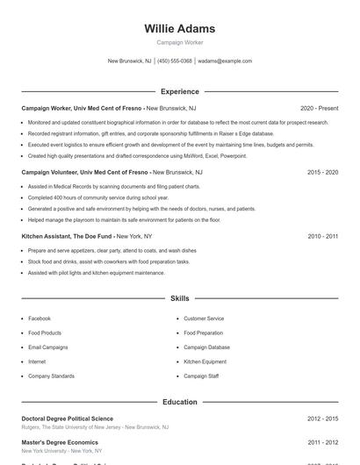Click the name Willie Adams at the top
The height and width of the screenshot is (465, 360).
pos(179,28)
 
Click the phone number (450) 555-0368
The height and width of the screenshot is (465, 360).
pos(175,61)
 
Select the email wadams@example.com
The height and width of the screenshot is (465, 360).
pos(225,61)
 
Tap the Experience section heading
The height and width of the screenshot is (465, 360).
pos(179,91)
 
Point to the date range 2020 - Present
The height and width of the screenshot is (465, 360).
pos(319,107)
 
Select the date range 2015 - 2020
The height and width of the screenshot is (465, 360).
pos(322,172)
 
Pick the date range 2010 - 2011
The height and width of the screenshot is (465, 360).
pos(322,236)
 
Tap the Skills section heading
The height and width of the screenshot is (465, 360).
pos(179,298)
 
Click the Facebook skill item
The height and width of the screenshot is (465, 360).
pos(40,318)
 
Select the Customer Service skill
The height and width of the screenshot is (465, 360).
pos(204,318)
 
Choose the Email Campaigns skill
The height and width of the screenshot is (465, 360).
pos(47,347)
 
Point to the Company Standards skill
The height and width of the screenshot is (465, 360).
pos(51,376)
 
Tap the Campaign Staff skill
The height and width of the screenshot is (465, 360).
pos(201,376)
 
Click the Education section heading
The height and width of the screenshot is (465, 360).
pos(179,402)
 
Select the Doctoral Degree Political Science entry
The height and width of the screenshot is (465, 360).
pos(67,418)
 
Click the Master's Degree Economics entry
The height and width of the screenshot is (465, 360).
pos(59,443)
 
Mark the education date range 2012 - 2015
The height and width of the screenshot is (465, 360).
pos(322,418)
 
